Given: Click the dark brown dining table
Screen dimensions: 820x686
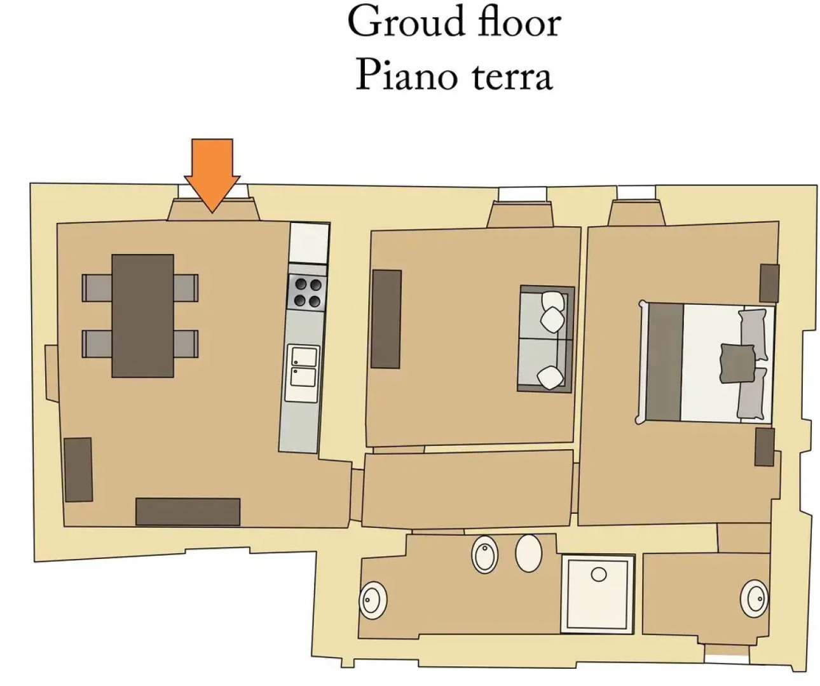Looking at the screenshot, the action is click(x=142, y=316).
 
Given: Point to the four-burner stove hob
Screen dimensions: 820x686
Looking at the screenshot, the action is click(x=308, y=292).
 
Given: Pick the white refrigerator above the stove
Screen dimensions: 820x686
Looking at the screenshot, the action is click(x=309, y=243).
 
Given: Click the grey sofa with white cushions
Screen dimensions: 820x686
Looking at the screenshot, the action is click(x=545, y=339).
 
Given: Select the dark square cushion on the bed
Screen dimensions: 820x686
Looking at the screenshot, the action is click(x=737, y=363).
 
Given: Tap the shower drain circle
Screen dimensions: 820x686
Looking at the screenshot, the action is click(x=599, y=575).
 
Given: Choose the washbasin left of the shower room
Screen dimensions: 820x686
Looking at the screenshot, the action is click(x=372, y=600).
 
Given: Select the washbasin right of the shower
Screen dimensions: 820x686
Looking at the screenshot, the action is click(x=754, y=599).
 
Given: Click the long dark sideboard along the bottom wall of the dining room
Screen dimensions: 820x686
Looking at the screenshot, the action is click(x=188, y=512).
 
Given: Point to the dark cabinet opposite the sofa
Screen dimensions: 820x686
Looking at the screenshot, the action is click(x=386, y=319).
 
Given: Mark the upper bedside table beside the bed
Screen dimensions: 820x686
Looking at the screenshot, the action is click(x=769, y=283).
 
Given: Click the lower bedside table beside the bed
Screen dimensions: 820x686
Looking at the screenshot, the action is click(x=765, y=447).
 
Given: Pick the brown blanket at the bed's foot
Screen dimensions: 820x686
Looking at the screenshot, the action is click(x=664, y=362).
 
